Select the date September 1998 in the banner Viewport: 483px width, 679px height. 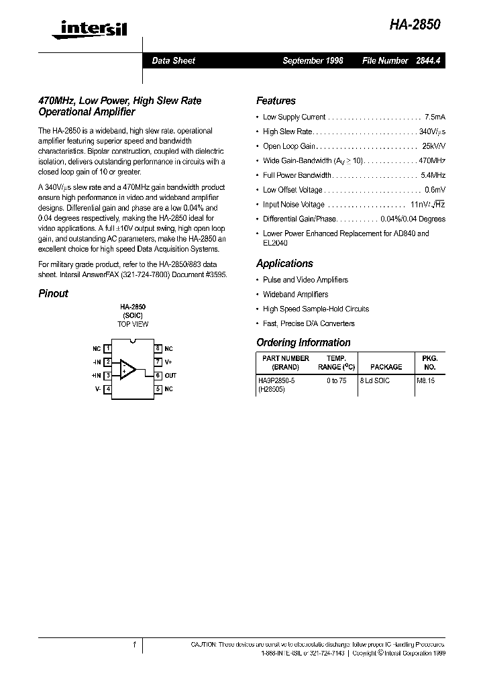pos(313,60)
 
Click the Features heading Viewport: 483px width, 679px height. pos(276,101)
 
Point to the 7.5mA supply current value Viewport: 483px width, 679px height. pos(435,117)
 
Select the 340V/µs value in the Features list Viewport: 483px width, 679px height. pos(432,132)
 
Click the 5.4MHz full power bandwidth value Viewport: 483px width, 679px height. pos(433,175)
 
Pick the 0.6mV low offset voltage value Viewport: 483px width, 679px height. pos(435,190)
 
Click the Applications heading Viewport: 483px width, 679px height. pos(284,264)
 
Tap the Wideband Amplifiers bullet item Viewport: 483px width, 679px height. pos(295,295)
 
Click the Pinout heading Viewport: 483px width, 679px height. pos(53,293)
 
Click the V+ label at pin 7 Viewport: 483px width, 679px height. pos(168,362)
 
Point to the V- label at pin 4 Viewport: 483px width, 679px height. pos(97,389)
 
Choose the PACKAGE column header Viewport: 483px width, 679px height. pos(386,367)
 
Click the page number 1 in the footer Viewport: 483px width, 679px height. pos(135,645)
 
